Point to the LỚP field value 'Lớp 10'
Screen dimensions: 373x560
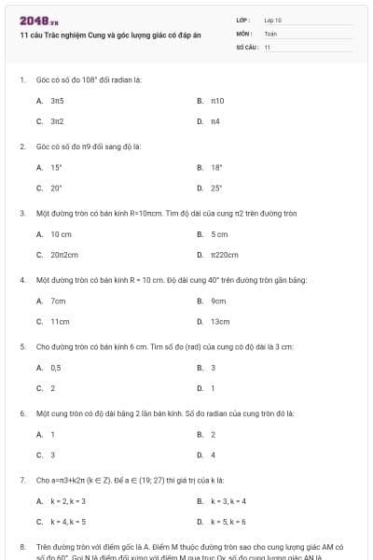273,19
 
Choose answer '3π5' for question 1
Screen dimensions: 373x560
57,100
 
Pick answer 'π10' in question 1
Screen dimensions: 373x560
217,100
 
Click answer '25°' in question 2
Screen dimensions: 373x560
216,188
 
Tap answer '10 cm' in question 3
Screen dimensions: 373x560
61,233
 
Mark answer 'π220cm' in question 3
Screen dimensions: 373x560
224,254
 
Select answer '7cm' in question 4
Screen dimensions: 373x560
58,301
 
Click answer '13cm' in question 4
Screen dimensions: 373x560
219,321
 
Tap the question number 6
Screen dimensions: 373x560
21,412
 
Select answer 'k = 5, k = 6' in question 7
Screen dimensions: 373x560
228,522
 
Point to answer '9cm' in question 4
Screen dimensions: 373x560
218,301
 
